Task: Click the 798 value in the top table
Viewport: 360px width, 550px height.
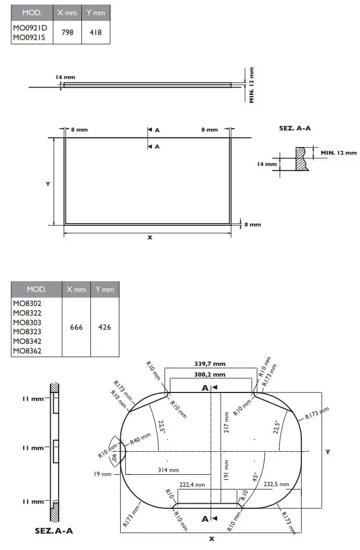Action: coord(67,33)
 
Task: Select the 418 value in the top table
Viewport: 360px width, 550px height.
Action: coord(95,33)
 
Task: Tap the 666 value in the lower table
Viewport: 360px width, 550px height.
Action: coord(76,328)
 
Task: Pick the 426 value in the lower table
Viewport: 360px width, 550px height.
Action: coord(104,328)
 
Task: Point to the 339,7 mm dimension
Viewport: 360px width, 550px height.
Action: coord(210,364)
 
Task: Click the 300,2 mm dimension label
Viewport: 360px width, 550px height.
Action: coord(210,374)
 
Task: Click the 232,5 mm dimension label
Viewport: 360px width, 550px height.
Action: coord(276,484)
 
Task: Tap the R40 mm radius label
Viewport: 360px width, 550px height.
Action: coord(140,438)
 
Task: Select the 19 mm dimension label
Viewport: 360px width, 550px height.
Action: coord(103,474)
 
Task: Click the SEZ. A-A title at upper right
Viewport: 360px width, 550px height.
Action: coord(295,129)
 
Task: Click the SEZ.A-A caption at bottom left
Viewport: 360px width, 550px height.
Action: coord(54,531)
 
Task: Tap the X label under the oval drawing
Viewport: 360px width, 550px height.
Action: coord(211,538)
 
